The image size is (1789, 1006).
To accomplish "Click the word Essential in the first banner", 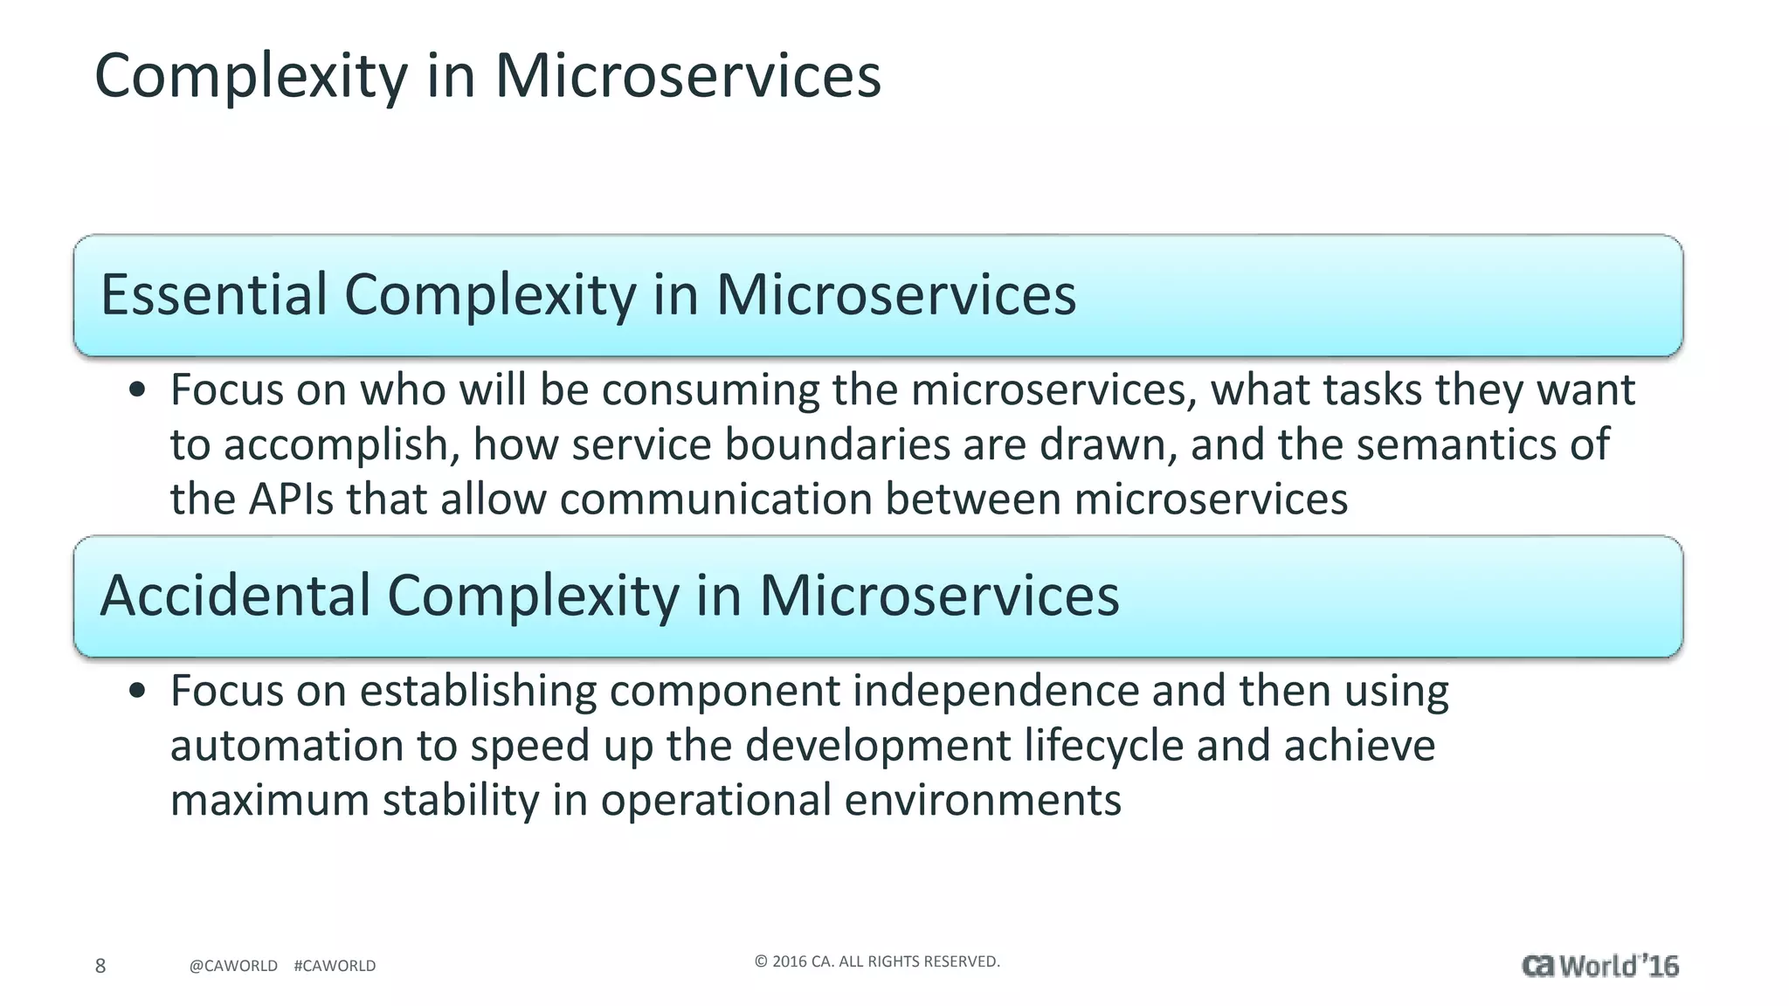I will tap(213, 294).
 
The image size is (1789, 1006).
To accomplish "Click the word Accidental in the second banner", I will tap(236, 596).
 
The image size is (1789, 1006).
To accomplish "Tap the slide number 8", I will tap(100, 965).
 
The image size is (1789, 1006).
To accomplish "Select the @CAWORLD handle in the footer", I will tap(233, 966).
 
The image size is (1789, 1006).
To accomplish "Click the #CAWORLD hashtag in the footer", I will tap(335, 966).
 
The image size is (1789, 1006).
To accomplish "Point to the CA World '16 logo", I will tap(1599, 966).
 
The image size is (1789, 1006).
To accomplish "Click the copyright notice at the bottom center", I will tap(877, 961).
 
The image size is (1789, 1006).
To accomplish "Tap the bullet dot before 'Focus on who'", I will tap(136, 391).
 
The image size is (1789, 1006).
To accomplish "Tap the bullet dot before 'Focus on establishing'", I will tap(136, 692).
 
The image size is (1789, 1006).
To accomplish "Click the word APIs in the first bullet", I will tap(291, 500).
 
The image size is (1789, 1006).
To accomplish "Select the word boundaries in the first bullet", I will tap(837, 444).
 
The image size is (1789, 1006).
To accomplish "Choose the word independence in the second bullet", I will tap(995, 691).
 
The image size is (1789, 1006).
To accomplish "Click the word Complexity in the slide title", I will tap(251, 77).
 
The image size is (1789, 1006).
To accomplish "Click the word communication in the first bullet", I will tap(715, 500).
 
